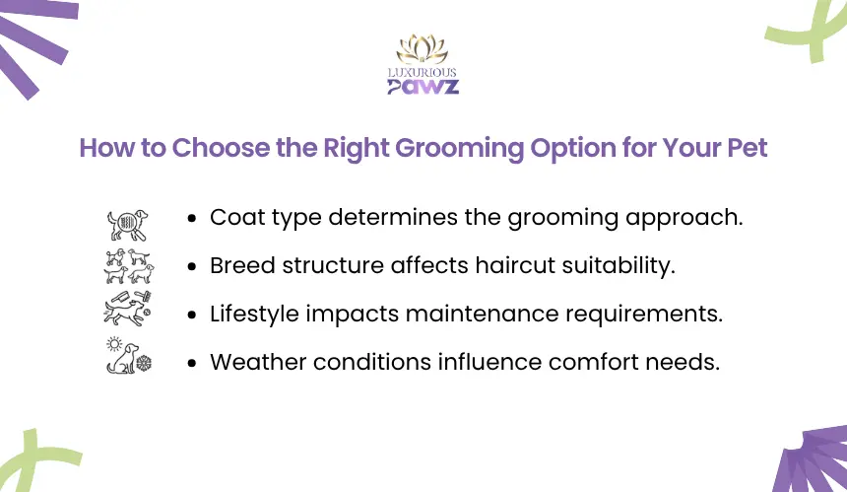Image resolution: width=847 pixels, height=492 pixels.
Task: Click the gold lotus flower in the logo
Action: (x=423, y=49)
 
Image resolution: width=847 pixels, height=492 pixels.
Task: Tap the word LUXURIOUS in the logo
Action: (x=423, y=72)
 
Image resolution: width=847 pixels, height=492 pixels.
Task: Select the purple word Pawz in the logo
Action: (x=423, y=87)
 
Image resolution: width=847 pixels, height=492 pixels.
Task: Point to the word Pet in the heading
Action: (x=748, y=148)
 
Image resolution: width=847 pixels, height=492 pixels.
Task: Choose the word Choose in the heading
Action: (x=221, y=148)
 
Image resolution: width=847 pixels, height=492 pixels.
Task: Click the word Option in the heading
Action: (x=573, y=149)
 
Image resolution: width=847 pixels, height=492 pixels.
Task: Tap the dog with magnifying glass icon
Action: (x=127, y=225)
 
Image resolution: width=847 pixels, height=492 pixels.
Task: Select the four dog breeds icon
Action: (x=129, y=266)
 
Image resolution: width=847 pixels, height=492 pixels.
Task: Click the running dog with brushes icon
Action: (x=127, y=309)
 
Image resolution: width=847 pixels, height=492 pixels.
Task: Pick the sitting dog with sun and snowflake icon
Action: (x=129, y=356)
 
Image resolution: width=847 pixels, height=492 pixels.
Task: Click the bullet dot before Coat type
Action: (x=192, y=219)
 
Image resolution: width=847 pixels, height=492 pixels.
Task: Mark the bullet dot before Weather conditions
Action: (x=192, y=363)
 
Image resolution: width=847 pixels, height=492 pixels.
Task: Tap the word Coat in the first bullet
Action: (x=237, y=217)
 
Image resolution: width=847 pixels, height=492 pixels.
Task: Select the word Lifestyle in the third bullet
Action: (x=254, y=315)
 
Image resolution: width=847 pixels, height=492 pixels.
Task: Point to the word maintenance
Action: (x=482, y=315)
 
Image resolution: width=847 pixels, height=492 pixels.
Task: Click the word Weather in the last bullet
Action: (x=258, y=362)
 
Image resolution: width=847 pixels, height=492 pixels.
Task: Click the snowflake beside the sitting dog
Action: (x=144, y=363)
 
